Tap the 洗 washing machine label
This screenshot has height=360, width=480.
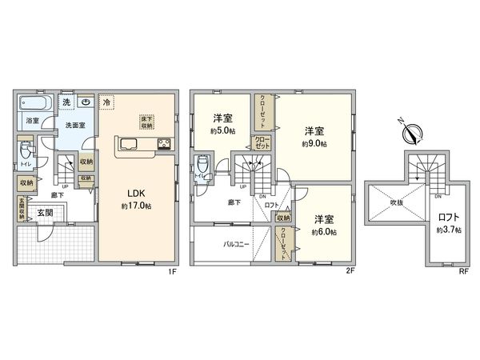[x=67, y=102]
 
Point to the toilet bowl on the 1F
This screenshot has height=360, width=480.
[x=27, y=149]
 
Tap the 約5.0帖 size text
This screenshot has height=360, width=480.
[x=222, y=130]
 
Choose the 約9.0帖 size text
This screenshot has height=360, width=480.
[x=313, y=144]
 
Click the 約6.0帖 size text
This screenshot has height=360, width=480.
[x=324, y=232]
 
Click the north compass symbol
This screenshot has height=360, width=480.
[x=407, y=130]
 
